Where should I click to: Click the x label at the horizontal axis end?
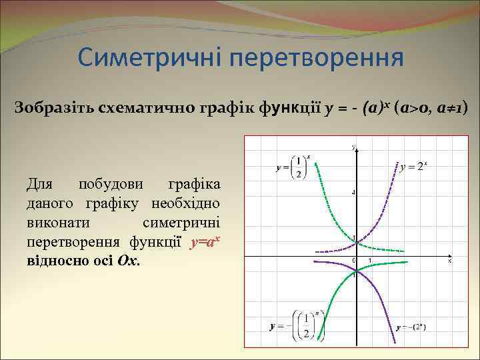tap(449, 261)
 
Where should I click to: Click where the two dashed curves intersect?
tap(357, 241)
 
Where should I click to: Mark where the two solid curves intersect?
tap(357, 269)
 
